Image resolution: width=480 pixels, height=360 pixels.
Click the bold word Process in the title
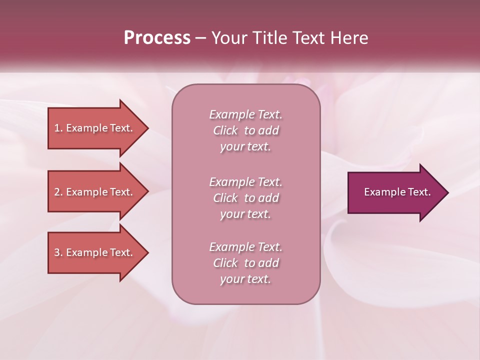(157, 38)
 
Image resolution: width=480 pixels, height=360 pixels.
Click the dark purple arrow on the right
(395, 192)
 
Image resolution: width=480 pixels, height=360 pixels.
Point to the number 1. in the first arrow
(58, 128)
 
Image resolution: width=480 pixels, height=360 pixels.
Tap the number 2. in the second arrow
(58, 192)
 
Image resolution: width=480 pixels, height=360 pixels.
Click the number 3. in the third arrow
(58, 252)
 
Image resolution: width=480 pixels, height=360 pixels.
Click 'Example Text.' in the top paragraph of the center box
(245, 114)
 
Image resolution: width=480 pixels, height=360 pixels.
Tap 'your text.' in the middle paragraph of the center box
(245, 214)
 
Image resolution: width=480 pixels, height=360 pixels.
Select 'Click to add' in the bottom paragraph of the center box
(245, 263)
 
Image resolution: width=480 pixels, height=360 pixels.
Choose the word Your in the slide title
(227, 38)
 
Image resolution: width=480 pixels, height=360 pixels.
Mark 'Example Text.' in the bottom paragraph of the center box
(245, 247)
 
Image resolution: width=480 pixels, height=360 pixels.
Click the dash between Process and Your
(200, 38)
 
